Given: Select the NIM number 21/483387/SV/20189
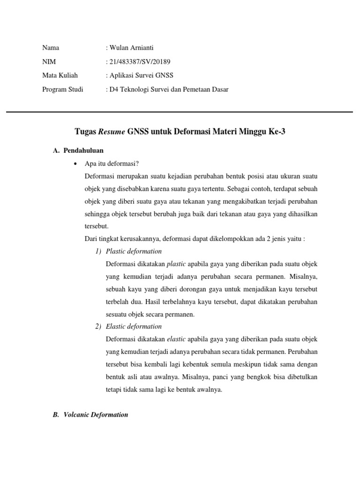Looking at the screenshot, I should (140, 61).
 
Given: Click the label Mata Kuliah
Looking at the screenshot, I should (60, 75).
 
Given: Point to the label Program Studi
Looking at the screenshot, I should (63, 89).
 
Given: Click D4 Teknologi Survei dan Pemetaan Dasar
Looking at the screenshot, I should (169, 89).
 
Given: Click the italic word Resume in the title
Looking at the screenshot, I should (112, 132).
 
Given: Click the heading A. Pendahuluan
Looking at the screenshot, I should (78, 150).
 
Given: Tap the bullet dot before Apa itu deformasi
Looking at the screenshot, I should (75, 164).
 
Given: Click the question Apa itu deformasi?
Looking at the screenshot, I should (112, 164).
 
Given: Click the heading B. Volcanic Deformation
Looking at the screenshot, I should (90, 415).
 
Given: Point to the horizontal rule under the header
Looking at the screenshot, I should (180, 112).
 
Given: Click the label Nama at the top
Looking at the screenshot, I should (51, 48).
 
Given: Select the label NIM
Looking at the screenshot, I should (49, 61).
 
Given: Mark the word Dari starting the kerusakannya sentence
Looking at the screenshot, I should (91, 239).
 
